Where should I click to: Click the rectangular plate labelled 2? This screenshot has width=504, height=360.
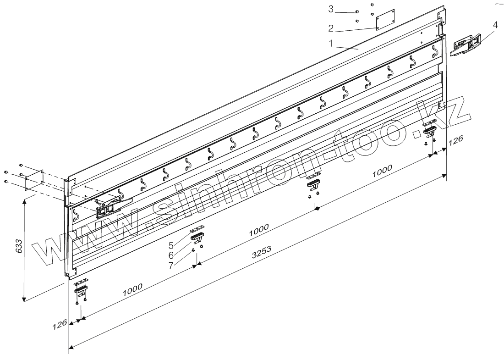[x=385, y=21]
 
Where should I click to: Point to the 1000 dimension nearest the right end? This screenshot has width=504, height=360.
[x=382, y=171]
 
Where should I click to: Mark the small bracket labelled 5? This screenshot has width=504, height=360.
[x=197, y=229]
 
